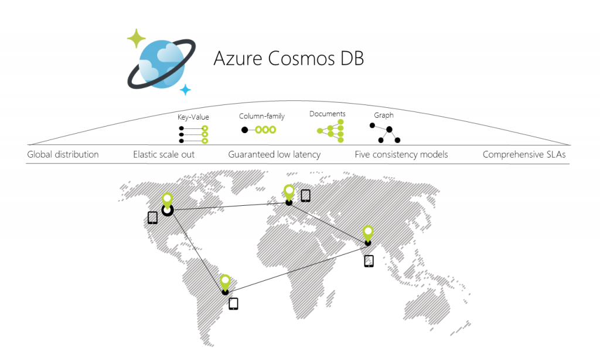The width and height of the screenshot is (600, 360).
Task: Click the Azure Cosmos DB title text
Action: [288, 59]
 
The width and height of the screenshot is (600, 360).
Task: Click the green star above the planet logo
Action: [137, 39]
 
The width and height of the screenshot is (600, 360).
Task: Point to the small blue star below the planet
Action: [185, 90]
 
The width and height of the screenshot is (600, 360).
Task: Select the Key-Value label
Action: [193, 117]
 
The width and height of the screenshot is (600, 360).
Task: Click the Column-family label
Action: [262, 116]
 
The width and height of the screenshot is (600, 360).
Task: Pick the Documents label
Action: [328, 114]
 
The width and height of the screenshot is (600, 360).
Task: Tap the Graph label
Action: [384, 116]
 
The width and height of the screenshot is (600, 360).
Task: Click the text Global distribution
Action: [63, 155]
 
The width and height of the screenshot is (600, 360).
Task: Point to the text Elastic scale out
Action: [163, 155]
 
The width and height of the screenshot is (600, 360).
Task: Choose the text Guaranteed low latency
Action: [274, 155]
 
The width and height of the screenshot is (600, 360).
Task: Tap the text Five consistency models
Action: [401, 155]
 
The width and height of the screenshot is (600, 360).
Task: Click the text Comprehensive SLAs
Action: [524, 155]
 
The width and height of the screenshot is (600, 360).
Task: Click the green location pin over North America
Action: [168, 201]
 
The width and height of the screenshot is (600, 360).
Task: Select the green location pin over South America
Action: [225, 282]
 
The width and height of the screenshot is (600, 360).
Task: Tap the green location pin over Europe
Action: [289, 192]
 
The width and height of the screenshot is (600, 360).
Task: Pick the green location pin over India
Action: [368, 233]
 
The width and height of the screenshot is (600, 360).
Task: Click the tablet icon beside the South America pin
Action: [233, 304]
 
